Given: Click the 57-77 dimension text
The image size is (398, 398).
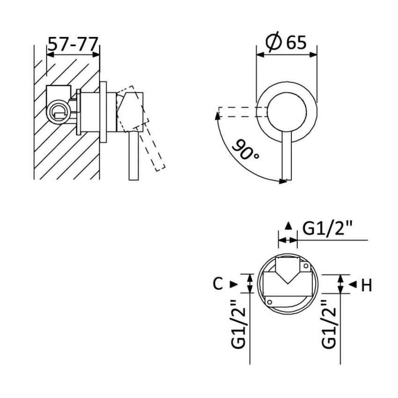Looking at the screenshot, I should (x=73, y=45).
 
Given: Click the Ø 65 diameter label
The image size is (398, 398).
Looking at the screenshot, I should (x=286, y=43).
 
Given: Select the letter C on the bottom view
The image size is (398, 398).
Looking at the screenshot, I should (x=217, y=284).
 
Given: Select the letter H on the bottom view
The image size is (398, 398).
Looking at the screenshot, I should (x=366, y=285).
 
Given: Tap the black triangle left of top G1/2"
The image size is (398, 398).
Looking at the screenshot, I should (x=288, y=226).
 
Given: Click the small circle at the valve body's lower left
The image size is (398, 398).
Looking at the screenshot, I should (x=270, y=301).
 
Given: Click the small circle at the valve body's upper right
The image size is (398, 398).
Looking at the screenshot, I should (x=306, y=267).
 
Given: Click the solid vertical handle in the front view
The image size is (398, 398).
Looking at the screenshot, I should (x=286, y=157).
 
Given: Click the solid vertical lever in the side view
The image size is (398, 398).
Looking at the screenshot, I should (x=133, y=157).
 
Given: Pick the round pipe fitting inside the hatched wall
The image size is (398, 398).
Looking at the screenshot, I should (x=57, y=111).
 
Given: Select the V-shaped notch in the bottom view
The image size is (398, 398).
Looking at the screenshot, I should (x=287, y=276).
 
